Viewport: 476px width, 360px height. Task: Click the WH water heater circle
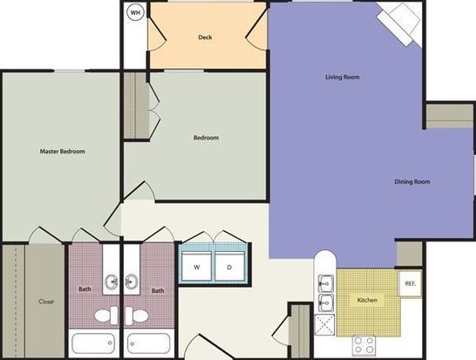click(x=135, y=12)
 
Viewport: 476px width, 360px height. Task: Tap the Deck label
click(x=205, y=37)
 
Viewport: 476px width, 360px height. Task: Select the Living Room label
click(x=343, y=77)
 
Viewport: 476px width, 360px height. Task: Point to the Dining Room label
click(x=412, y=181)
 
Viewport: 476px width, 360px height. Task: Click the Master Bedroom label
click(x=63, y=151)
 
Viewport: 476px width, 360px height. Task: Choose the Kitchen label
click(x=367, y=300)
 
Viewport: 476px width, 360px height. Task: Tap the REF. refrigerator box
click(x=410, y=283)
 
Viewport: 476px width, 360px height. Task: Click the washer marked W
click(x=197, y=266)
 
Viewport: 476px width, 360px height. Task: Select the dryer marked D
click(x=229, y=266)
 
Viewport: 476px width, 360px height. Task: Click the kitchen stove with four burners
click(x=364, y=345)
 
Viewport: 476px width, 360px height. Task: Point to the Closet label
click(x=46, y=302)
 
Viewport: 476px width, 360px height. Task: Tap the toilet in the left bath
click(x=106, y=316)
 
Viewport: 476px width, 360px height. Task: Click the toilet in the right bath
click(x=137, y=316)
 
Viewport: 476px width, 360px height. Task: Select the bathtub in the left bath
click(x=93, y=343)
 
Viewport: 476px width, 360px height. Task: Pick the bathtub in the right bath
click(x=149, y=343)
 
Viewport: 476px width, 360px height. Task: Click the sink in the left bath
click(x=112, y=282)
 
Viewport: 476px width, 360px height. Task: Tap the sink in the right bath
click(x=132, y=282)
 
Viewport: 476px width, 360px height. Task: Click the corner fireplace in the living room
click(x=399, y=23)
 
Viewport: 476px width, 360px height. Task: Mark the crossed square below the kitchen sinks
click(x=325, y=325)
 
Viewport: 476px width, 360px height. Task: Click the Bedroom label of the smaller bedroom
click(x=206, y=138)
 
